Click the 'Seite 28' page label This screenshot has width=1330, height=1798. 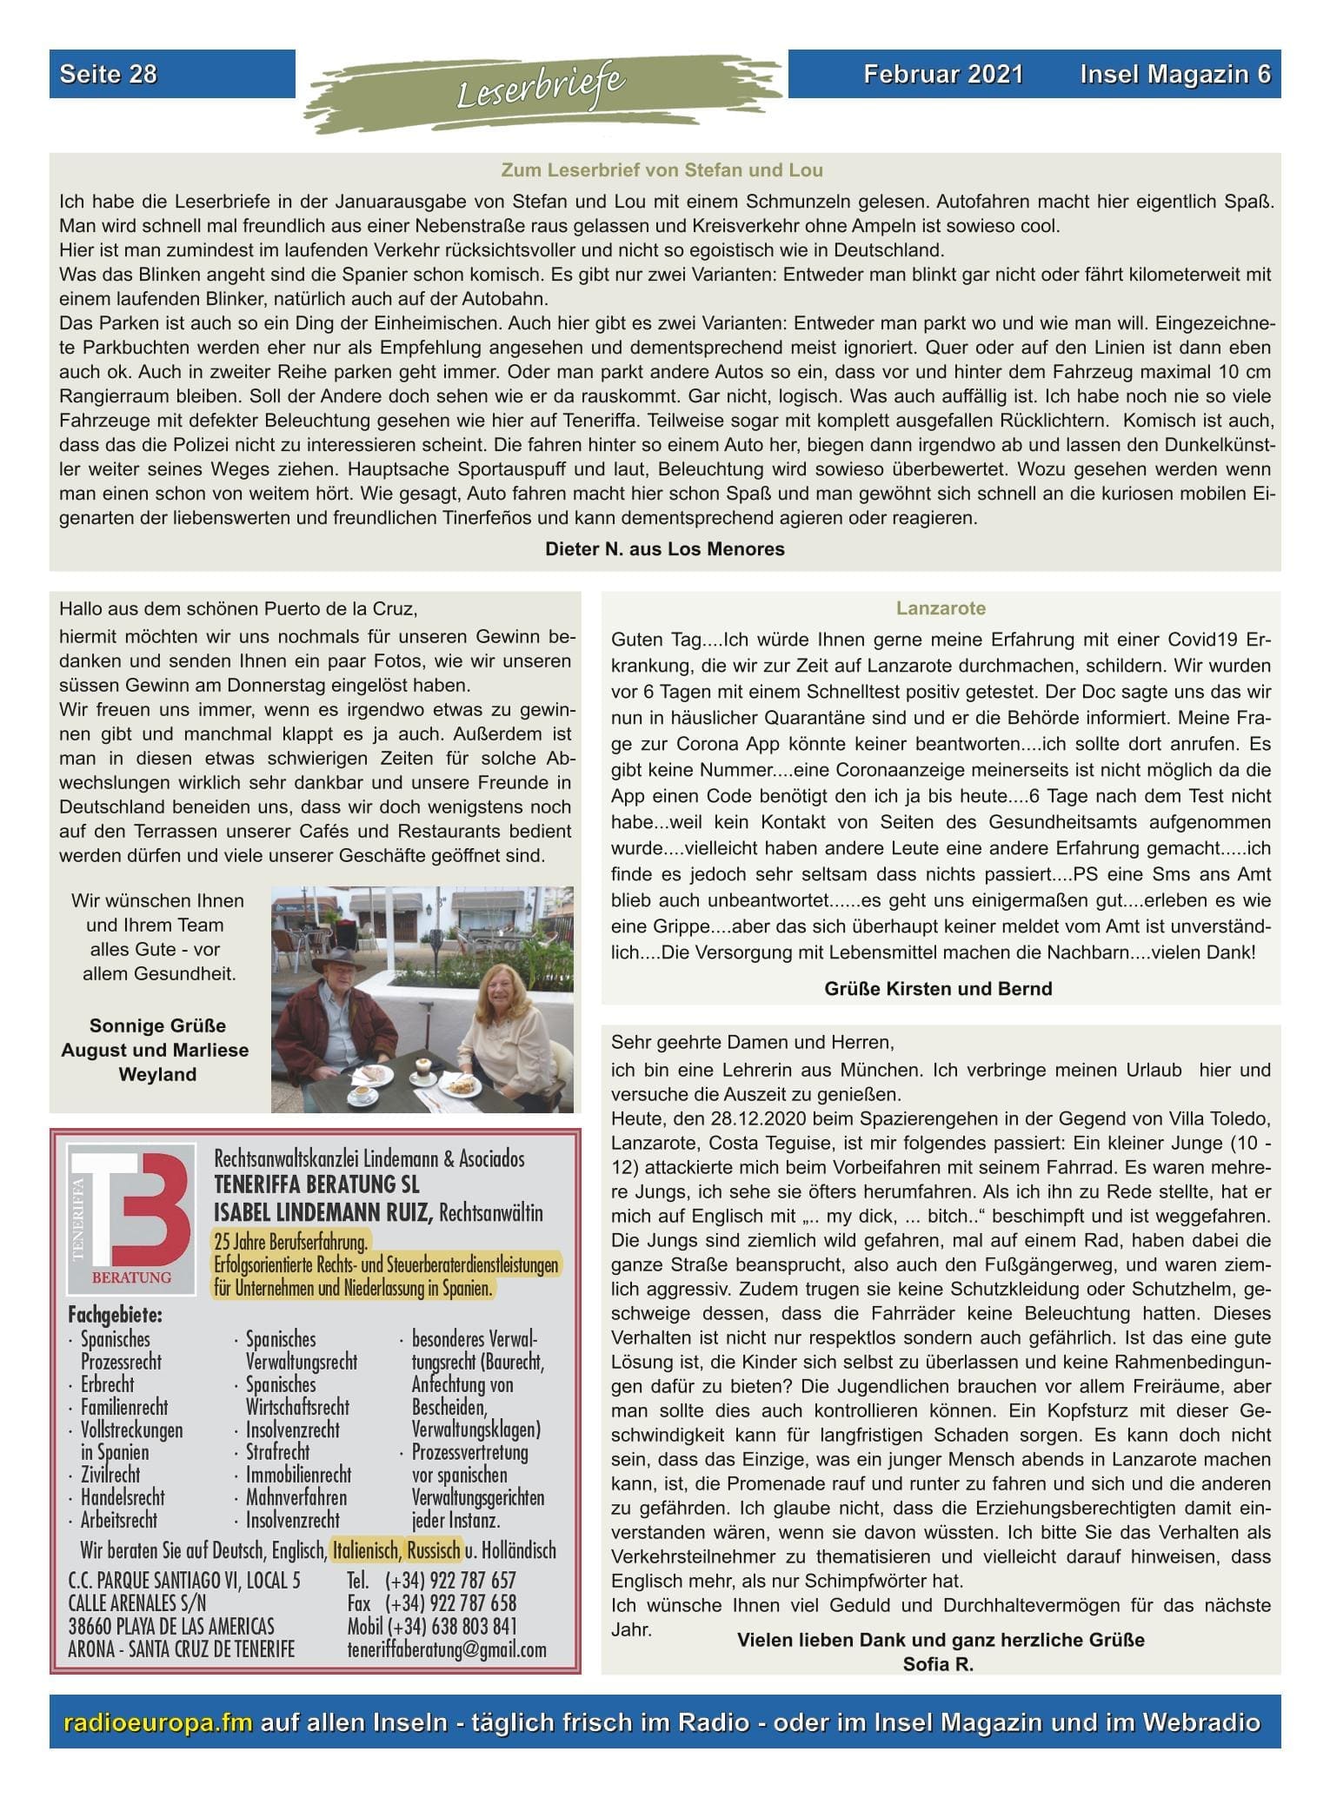tap(109, 75)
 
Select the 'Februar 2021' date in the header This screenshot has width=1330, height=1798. tap(943, 75)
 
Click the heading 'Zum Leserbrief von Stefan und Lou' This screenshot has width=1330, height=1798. tap(662, 170)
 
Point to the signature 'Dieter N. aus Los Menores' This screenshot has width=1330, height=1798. tap(665, 549)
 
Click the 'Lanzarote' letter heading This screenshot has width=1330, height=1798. tap(941, 608)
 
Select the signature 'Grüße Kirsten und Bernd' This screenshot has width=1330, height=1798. tap(938, 989)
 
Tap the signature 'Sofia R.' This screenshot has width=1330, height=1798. tap(938, 1664)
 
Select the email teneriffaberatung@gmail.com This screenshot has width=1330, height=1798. tap(447, 1649)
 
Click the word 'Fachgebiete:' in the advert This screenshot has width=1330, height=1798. tap(116, 1315)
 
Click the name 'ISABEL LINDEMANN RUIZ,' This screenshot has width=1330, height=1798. tap(323, 1211)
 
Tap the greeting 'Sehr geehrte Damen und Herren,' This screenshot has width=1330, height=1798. tap(752, 1042)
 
